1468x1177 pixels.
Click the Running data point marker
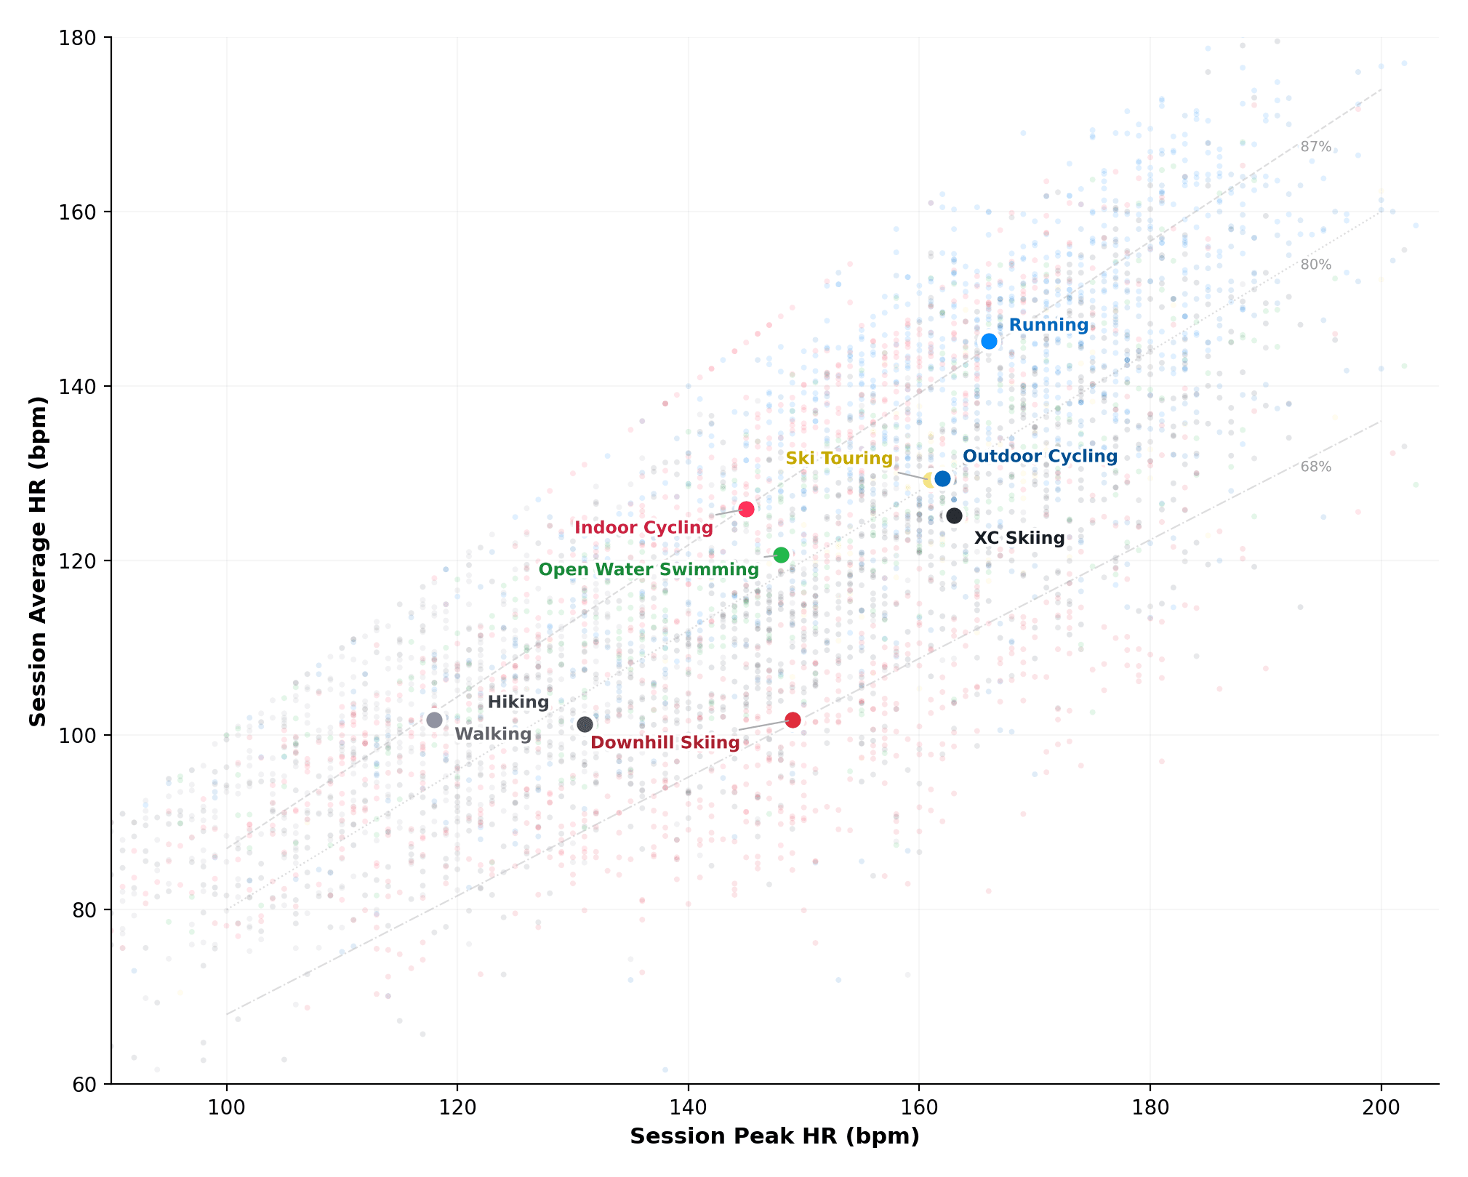[x=989, y=341]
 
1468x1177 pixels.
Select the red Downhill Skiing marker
[x=793, y=720]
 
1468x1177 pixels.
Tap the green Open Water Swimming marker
[x=781, y=555]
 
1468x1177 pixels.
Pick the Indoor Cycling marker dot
[x=746, y=509]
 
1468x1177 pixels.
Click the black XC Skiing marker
[x=954, y=515]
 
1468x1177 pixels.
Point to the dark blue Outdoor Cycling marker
[x=942, y=478]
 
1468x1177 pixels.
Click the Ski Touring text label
[x=838, y=458]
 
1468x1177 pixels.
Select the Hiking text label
[x=518, y=702]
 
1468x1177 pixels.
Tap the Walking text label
[x=493, y=734]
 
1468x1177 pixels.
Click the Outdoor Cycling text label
[x=1040, y=456]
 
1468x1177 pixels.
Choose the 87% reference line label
[x=1315, y=147]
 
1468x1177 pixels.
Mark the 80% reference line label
[x=1315, y=265]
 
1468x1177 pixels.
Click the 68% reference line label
[x=1315, y=467]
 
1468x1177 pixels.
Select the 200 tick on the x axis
[x=1381, y=1108]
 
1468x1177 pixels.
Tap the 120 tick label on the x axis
[x=457, y=1108]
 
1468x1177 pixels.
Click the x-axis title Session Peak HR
[x=774, y=1136]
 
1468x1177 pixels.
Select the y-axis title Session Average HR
[x=38, y=561]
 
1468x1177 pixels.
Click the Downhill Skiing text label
[x=665, y=742]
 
